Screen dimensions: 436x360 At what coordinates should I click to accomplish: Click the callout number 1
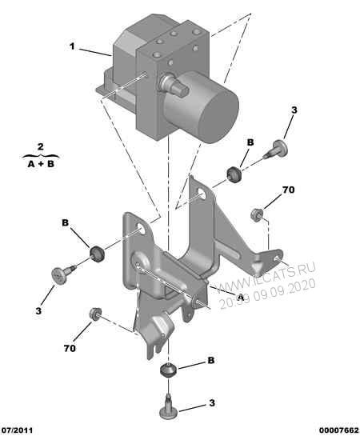pos(72,46)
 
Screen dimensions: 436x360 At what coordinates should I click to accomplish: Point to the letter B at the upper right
pos(250,142)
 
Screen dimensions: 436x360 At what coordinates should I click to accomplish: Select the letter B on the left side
pos(66,223)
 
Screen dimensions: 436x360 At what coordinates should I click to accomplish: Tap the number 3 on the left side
pos(38,308)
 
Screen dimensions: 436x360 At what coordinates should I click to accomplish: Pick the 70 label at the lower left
pos(69,349)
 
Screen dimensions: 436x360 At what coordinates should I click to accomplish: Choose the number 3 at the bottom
pos(212,404)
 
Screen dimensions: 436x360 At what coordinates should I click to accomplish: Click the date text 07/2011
pos(18,430)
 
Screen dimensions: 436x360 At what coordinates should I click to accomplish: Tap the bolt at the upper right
pos(279,148)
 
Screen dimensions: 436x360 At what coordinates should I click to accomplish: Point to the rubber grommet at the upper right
pos(236,173)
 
